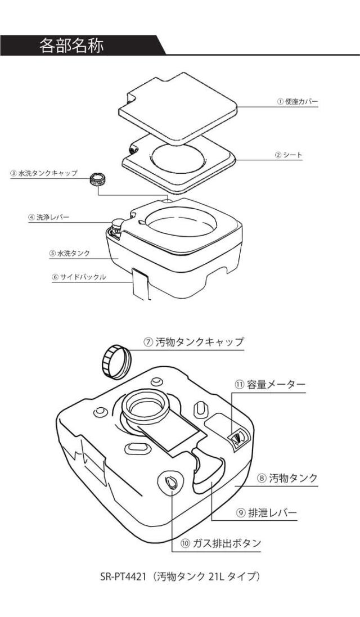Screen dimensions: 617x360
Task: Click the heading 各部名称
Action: tap(71, 44)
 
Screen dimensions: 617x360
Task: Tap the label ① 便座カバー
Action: tap(298, 102)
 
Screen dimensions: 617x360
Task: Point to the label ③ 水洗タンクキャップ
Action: tap(43, 173)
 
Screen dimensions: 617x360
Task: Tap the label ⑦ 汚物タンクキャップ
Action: tap(195, 342)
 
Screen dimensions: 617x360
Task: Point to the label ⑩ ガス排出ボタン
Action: tap(222, 543)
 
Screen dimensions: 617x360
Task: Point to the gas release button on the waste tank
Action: tap(172, 481)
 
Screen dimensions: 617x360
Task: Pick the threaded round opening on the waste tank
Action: tap(145, 403)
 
